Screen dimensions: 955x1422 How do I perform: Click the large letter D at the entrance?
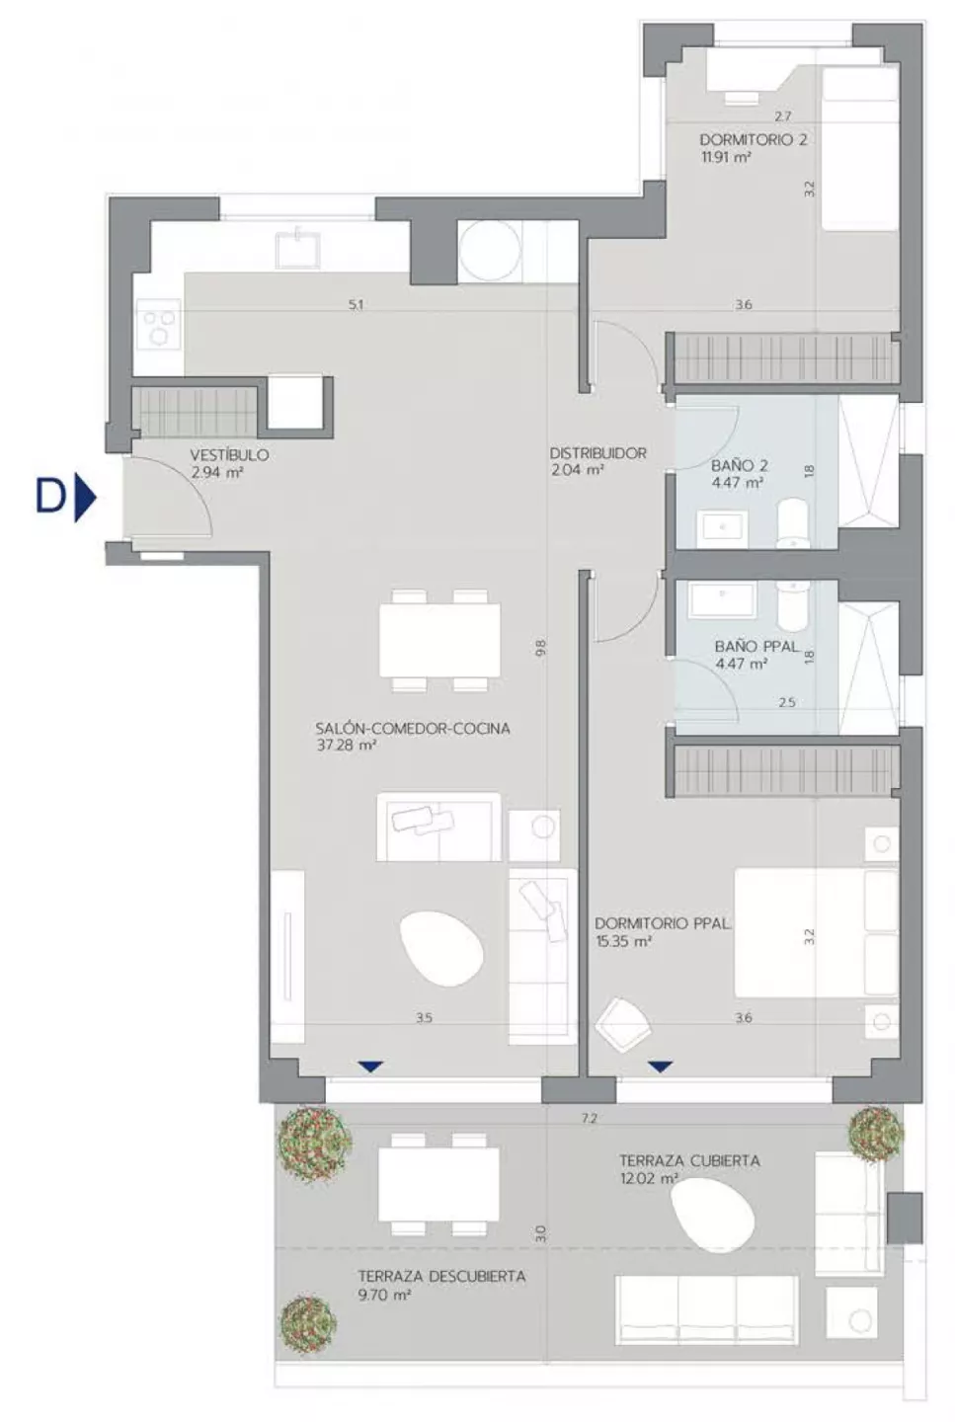[x=50, y=497]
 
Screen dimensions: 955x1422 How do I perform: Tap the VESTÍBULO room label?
[x=229, y=455]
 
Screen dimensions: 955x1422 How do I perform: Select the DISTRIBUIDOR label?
[x=597, y=453]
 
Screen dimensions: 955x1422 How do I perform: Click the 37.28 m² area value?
[x=347, y=745]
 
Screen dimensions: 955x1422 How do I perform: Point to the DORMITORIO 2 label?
[x=754, y=139]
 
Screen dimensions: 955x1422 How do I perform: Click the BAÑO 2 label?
[x=739, y=465]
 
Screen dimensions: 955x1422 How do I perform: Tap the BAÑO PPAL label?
[x=756, y=646]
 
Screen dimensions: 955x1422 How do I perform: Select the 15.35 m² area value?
[x=623, y=941]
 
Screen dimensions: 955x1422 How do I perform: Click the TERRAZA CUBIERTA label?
[x=689, y=1160]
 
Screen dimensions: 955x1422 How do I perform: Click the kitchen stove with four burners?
[x=159, y=324]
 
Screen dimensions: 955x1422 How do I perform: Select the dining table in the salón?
[x=439, y=640]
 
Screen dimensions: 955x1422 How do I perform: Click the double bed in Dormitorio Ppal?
[x=817, y=932]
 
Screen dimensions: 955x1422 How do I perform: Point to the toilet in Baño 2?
[x=792, y=523]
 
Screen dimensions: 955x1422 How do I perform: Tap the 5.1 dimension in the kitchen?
[x=357, y=305]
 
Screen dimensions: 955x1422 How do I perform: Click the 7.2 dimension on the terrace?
[x=590, y=1119]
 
